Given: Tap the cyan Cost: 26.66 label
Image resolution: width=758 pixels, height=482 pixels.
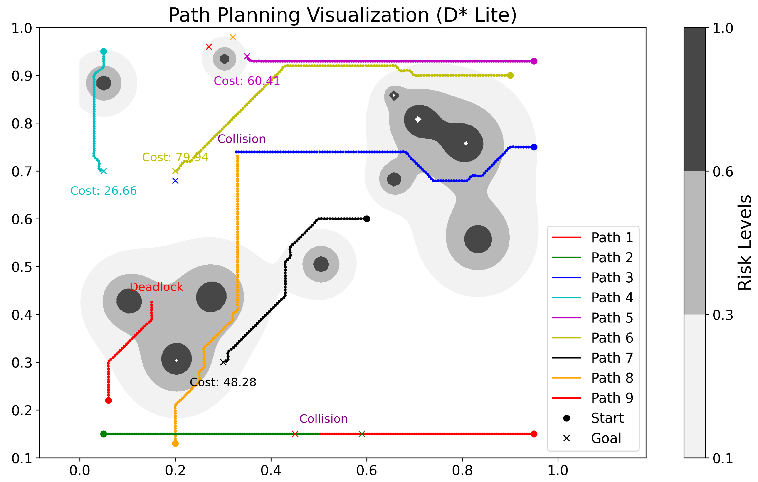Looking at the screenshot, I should click(103, 191).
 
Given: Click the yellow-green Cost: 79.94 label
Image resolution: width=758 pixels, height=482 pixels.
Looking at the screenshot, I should click(175, 157).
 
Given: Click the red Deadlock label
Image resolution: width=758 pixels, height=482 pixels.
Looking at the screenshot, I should click(156, 287).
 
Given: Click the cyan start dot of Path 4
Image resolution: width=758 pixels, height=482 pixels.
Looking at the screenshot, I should click(104, 51).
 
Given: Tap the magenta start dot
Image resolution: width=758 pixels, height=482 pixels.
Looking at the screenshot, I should click(534, 61).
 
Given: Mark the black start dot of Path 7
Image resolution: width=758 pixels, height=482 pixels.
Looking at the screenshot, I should click(367, 219).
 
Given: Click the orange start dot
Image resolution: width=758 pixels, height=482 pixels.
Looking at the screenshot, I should click(175, 444).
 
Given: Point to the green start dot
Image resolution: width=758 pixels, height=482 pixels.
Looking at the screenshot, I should click(104, 434).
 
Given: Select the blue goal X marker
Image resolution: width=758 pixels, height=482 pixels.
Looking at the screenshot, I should click(175, 181).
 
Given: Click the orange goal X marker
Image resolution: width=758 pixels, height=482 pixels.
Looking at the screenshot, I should click(233, 37).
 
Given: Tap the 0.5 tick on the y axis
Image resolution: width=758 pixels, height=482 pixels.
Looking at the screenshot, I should click(22, 267).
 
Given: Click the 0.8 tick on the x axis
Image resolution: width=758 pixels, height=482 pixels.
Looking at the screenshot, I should click(462, 471).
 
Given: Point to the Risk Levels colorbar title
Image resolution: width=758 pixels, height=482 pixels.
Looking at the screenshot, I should click(744, 243).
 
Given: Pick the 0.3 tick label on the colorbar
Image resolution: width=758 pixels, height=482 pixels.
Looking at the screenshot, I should click(723, 315).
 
